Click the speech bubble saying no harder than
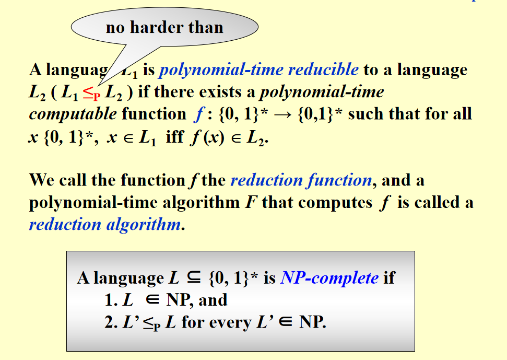pos(164,27)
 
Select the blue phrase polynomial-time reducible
pos(258,70)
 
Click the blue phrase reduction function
pos(301,180)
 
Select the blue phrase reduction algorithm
pos(105,225)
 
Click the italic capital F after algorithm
pos(251,203)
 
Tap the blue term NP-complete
pos(329,278)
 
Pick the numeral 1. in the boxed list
pos(111,300)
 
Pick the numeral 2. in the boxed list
pos(111,322)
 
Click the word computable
pos(73,114)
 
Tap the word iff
pos(175,137)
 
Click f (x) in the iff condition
pos(207,137)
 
